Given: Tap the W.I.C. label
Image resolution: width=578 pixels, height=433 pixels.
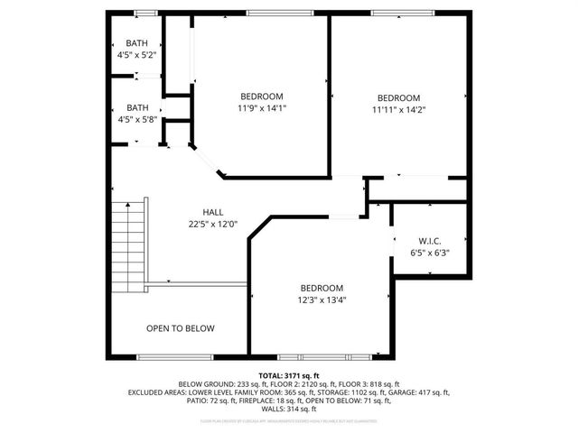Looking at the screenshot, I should (x=429, y=241).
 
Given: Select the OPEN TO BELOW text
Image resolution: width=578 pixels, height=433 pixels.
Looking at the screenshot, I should (x=181, y=328).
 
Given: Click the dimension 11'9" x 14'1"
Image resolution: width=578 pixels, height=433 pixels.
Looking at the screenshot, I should (x=262, y=108).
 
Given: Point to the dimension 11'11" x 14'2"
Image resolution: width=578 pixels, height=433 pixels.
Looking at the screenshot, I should (x=399, y=110).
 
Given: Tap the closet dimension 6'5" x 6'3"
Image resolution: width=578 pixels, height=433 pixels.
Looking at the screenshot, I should (x=429, y=253).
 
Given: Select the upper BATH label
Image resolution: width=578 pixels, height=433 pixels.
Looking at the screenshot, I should (x=137, y=43).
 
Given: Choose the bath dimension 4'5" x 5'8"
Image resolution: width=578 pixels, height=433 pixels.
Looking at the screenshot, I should (x=137, y=118).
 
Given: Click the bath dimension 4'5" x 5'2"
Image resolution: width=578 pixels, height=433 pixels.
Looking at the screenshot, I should (x=137, y=55).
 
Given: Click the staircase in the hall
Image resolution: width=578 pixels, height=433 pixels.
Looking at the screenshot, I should (x=128, y=244).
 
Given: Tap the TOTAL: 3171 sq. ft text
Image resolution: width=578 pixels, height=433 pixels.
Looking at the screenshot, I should (x=289, y=375).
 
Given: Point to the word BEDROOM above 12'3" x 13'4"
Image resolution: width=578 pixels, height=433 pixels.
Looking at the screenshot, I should (x=322, y=288).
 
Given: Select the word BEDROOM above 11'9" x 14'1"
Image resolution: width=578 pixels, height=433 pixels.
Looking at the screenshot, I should (x=262, y=97).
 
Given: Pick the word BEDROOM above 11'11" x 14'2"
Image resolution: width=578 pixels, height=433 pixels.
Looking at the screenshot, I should (x=399, y=98).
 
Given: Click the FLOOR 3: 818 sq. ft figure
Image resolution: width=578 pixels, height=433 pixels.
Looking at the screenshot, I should (x=371, y=383).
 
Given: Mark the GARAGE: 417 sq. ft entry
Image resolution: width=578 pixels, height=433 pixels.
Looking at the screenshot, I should (x=418, y=392).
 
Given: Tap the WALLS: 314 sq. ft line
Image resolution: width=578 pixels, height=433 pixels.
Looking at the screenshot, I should (x=289, y=409).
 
